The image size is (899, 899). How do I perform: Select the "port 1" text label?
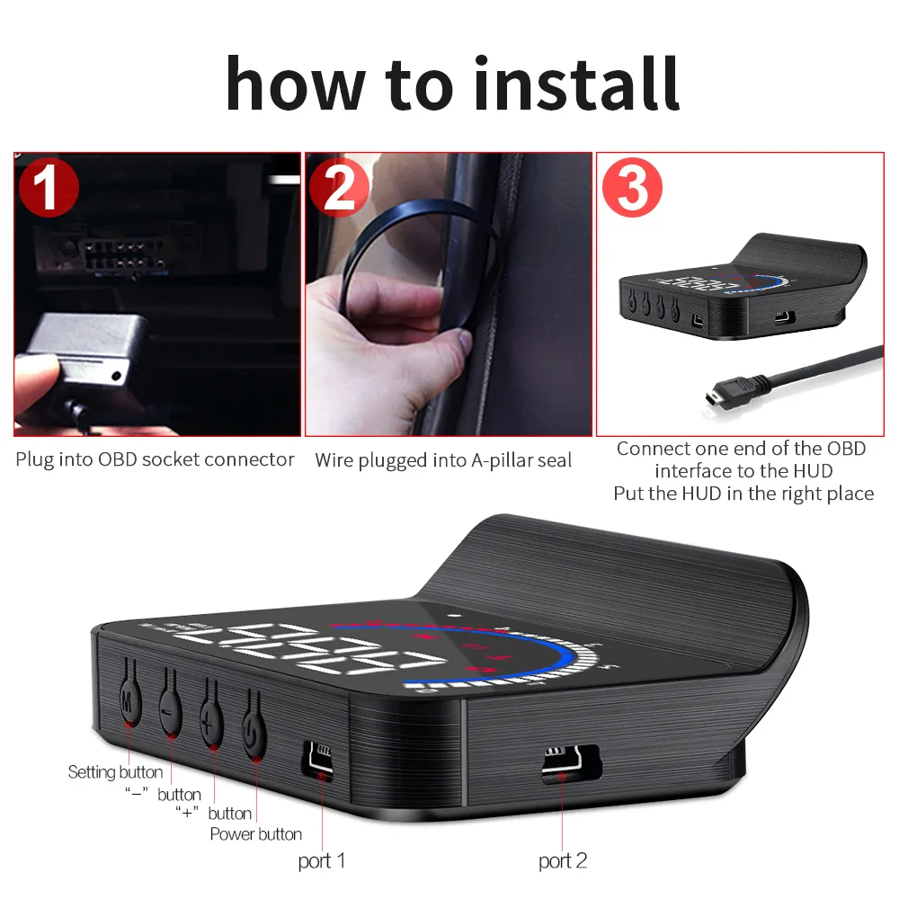pyautogui.click(x=322, y=861)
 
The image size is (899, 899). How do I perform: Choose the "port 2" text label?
pyautogui.click(x=563, y=861)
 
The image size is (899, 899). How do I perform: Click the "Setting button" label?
pyautogui.click(x=115, y=772)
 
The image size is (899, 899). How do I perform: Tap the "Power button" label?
pyautogui.click(x=256, y=834)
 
